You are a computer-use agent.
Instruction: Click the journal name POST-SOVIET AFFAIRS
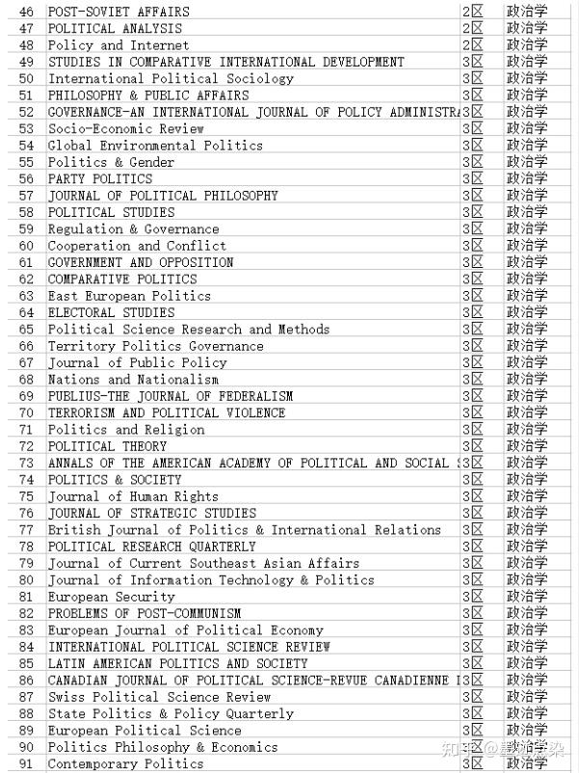pyautogui.click(x=118, y=12)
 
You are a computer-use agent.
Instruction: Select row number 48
pyautogui.click(x=26, y=45)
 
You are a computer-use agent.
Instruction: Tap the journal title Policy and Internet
pyautogui.click(x=112, y=45)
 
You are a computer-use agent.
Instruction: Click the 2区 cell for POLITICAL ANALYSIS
pyautogui.click(x=472, y=29)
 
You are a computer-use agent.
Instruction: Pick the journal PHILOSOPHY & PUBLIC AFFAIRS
pyautogui.click(x=148, y=95)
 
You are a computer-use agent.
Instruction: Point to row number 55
pyautogui.click(x=26, y=162)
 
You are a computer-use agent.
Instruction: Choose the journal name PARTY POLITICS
pyautogui.click(x=100, y=178)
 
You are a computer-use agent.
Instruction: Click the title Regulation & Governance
pyautogui.click(x=133, y=229)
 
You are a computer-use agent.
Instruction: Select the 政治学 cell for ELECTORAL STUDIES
pyautogui.click(x=527, y=312)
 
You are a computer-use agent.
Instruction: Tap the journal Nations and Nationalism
pyautogui.click(x=133, y=379)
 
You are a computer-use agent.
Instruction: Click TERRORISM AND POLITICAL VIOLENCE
pyautogui.click(x=167, y=413)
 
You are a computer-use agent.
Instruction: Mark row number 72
pyautogui.click(x=26, y=446)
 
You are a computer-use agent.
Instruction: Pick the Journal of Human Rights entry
pyautogui.click(x=133, y=496)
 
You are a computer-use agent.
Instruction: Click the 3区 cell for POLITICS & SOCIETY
pyautogui.click(x=472, y=479)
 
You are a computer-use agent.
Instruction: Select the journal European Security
pyautogui.click(x=112, y=597)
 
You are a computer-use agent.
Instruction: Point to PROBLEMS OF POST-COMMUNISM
pyautogui.click(x=145, y=613)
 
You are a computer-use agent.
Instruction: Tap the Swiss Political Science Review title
pyautogui.click(x=160, y=697)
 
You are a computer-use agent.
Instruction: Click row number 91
pyautogui.click(x=26, y=763)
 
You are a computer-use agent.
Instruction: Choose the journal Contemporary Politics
pyautogui.click(x=126, y=763)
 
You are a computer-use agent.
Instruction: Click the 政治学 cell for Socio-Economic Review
pyautogui.click(x=527, y=128)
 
